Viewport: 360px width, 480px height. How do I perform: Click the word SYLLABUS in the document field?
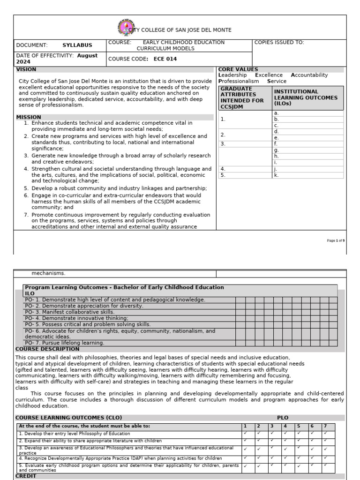point(77,45)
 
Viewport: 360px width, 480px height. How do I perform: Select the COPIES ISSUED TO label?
point(279,42)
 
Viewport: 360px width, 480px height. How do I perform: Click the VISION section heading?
point(26,69)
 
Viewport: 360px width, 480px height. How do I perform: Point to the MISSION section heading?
point(29,117)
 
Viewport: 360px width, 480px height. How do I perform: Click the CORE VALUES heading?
point(238,69)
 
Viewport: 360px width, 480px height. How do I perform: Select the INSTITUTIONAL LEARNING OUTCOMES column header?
point(305,97)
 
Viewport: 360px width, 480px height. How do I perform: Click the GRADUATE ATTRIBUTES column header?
point(242,97)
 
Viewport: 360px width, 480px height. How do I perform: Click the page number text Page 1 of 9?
point(336,240)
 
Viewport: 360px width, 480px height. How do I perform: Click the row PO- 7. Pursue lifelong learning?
point(65,343)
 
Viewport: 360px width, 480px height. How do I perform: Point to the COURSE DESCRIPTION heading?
point(47,349)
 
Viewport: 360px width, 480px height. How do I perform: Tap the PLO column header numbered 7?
point(325,426)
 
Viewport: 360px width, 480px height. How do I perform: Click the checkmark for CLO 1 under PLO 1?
point(245,433)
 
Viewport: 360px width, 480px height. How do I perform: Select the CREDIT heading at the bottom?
point(26,475)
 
